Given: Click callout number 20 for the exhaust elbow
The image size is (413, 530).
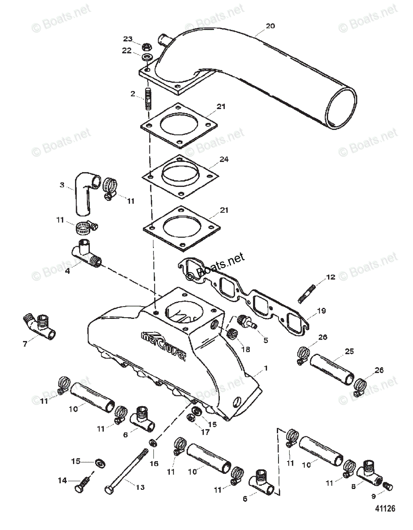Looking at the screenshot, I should (x=270, y=26).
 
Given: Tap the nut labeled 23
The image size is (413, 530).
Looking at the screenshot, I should (x=145, y=46).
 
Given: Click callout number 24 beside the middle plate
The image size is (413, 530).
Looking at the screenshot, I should (x=224, y=159).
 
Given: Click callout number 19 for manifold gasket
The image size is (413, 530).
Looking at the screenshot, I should (x=321, y=310).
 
